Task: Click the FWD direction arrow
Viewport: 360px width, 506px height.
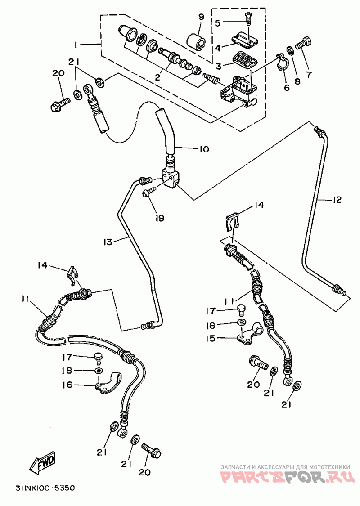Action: coord(42,462)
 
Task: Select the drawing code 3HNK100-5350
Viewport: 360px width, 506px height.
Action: coord(45,487)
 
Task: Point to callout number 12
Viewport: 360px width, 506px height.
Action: coord(337,200)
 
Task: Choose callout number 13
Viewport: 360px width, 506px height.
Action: coord(108,242)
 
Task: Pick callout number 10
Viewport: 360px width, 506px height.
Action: coord(204,149)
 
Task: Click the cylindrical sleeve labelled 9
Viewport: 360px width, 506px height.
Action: coord(196,41)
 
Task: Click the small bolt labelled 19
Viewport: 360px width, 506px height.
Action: coord(149,192)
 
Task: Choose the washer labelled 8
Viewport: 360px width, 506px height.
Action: coord(291,51)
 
